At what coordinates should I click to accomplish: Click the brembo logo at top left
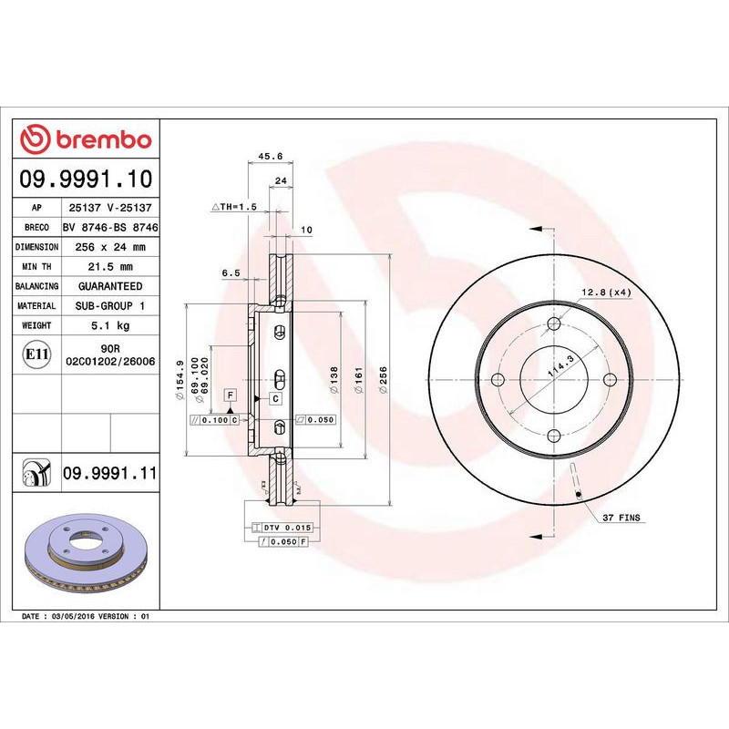tap(86, 139)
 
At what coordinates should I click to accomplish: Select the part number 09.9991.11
tap(110, 472)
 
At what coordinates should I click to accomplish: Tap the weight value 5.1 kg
tap(110, 325)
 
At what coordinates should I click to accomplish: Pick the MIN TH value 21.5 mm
tap(110, 267)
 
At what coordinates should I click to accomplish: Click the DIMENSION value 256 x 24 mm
tap(110, 247)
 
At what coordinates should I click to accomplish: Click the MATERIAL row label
tap(37, 306)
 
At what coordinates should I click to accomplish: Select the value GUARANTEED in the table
tap(110, 286)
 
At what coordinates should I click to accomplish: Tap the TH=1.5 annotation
tap(235, 208)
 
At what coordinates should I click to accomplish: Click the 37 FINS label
tap(621, 518)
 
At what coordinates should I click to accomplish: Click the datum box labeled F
tap(231, 395)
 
